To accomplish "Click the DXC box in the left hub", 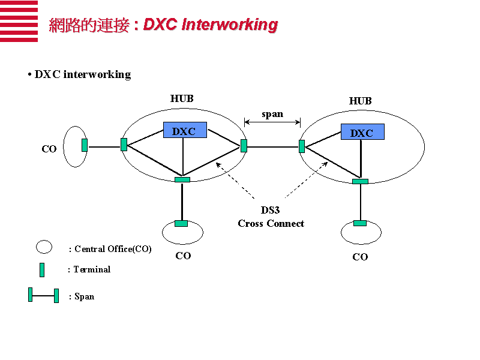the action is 185,130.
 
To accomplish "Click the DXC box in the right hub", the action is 362,132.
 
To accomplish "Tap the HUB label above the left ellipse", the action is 182,98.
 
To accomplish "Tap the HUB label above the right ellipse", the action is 361,101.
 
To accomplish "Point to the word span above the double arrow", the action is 272,114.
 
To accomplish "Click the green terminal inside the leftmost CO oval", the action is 85,145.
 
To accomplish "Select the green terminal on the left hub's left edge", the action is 124,145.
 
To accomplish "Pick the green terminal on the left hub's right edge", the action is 244,146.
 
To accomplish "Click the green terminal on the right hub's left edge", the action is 302,146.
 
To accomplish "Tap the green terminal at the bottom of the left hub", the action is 182,179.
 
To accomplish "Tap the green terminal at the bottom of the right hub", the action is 360,182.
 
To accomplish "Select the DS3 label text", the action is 270,210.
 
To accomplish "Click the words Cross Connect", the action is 271,223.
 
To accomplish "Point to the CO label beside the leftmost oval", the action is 49,149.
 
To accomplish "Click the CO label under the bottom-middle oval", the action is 183,256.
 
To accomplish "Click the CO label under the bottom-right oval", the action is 360,257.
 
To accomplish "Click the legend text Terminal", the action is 92,269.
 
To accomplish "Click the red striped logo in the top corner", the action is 19,21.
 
